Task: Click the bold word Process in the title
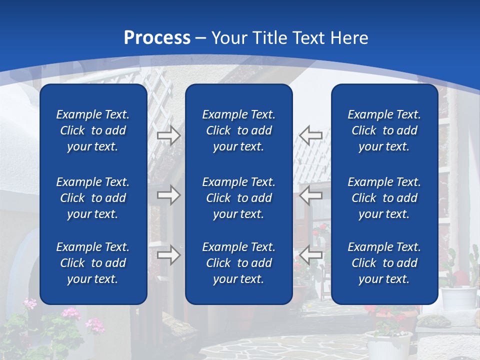click(x=157, y=38)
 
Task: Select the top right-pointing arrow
click(x=168, y=135)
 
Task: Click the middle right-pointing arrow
click(x=168, y=195)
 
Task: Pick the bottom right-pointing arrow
click(x=168, y=255)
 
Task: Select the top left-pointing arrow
click(x=310, y=135)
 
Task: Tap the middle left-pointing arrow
click(x=310, y=195)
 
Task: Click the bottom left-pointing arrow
click(x=310, y=255)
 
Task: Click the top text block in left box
click(x=93, y=130)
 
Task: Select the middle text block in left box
click(x=93, y=198)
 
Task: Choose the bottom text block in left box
click(x=93, y=263)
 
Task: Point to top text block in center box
click(x=238, y=130)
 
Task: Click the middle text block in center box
click(x=238, y=198)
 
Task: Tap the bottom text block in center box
click(x=238, y=263)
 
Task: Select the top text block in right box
click(x=384, y=130)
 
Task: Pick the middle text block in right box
click(x=384, y=198)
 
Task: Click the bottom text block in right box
click(x=384, y=263)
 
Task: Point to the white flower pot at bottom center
click(x=388, y=345)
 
